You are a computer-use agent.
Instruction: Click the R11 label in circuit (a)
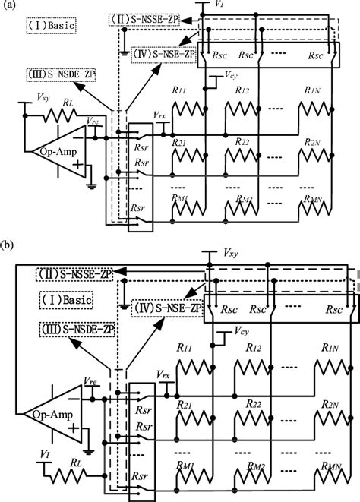(x=179, y=90)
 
